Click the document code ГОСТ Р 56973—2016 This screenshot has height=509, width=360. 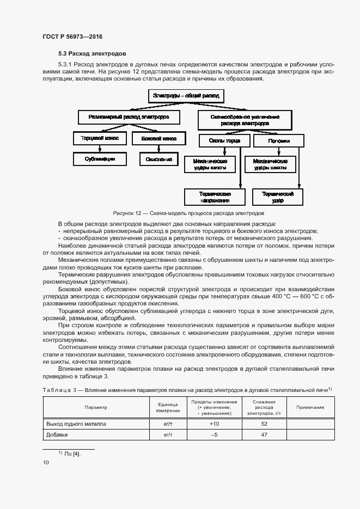coord(72,36)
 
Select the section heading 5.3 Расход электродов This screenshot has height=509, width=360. coord(93,54)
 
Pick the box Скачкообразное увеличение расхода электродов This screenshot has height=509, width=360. coord(245,120)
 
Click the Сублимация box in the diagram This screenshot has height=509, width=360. coord(100,160)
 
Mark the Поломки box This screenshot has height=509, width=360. coord(279,140)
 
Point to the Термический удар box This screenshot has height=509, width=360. coord(278,197)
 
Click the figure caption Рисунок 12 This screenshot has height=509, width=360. coord(188,213)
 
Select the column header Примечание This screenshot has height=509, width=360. coord(310,407)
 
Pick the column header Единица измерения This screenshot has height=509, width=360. coord(168,407)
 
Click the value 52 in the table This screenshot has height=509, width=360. coord(264,423)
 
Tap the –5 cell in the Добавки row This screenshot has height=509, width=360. coord(214,434)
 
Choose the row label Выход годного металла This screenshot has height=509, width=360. coord(76,423)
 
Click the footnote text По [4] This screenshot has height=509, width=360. coord(72,453)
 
